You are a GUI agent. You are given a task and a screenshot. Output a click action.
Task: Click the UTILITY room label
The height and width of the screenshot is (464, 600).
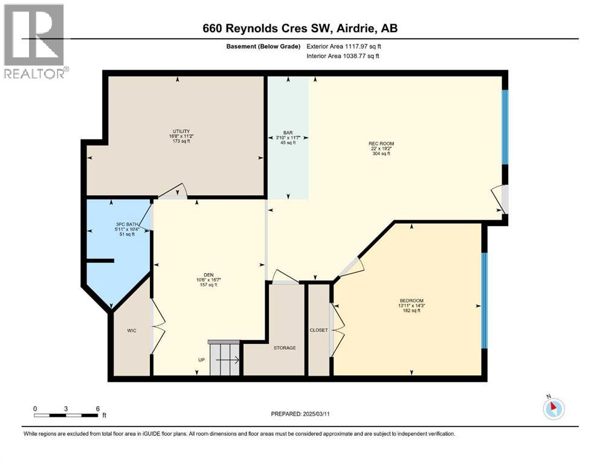[181, 131]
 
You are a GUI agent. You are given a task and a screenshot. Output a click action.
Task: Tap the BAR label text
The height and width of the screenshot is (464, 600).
[288, 132]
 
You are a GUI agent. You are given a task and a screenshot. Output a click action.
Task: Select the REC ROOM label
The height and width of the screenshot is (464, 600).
[380, 143]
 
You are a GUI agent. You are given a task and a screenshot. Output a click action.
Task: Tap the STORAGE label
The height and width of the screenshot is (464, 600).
[285, 348]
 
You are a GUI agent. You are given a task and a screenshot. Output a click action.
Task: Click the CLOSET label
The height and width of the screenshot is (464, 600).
[318, 330]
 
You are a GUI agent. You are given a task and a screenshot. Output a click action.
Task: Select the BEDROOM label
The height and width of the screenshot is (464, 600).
[411, 301]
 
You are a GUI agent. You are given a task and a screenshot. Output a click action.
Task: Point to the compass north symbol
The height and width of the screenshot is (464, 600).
[553, 408]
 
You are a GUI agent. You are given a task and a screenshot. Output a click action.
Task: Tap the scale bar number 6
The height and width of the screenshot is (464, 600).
[98, 408]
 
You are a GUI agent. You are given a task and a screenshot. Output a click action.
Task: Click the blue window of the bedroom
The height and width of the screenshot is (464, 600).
[483, 300]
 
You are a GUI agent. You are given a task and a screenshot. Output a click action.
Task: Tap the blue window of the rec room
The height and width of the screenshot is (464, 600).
[506, 127]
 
